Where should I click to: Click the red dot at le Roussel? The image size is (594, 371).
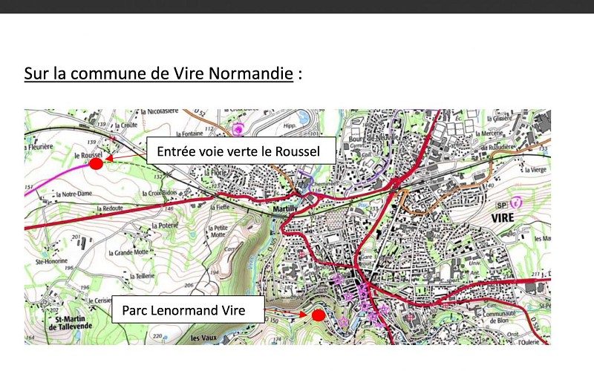[95, 163]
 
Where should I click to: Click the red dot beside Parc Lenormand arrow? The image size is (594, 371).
[317, 315]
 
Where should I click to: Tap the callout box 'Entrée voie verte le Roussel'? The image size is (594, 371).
[241, 151]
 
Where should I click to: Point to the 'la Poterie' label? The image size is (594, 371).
[166, 225]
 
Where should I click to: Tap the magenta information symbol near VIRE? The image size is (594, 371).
[518, 201]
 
